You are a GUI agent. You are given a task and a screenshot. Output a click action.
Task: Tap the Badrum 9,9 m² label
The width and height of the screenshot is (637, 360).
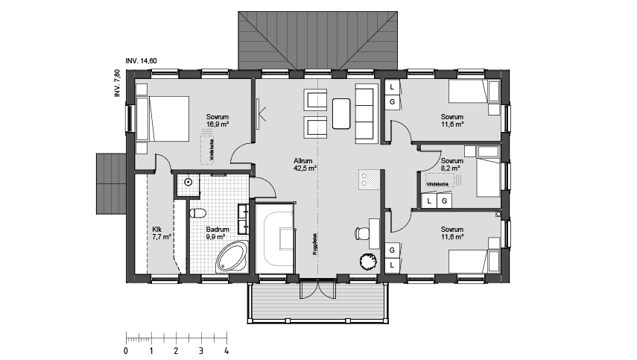pyautogui.click(x=217, y=233)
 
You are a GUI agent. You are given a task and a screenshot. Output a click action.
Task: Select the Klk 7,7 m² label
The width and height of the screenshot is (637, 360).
pyautogui.click(x=161, y=233)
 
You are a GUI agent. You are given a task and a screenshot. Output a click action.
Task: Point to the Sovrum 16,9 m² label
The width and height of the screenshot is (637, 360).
pyautogui.click(x=217, y=121)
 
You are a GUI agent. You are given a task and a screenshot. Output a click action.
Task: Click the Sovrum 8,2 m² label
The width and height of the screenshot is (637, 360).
pyautogui.click(x=451, y=165)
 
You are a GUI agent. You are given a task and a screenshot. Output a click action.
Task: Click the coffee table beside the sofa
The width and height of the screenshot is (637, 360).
pyautogui.click(x=342, y=113)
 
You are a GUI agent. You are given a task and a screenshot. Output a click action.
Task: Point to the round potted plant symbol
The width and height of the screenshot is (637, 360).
pyautogui.click(x=367, y=261)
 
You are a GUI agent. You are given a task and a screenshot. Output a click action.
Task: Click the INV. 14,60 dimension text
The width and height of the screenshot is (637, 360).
pyautogui.click(x=141, y=60)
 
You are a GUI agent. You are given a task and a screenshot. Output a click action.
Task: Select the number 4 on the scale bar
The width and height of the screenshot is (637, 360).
pyautogui.click(x=226, y=350)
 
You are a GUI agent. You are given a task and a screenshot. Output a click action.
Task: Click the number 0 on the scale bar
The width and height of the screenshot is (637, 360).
pyautogui.click(x=126, y=350)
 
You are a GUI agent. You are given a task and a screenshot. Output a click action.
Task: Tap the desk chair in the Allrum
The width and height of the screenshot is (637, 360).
pyautogui.click(x=361, y=232)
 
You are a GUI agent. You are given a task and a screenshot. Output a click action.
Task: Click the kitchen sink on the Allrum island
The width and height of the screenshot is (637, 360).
pyautogui.click(x=368, y=179)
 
